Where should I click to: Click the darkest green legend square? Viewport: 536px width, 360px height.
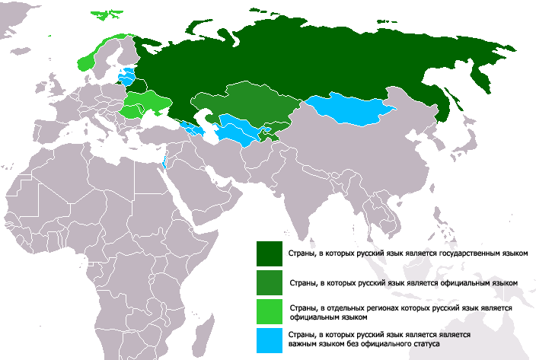pos(270,252)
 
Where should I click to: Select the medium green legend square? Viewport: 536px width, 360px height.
pos(270,281)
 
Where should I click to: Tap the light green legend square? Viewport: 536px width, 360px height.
pos(270,311)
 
